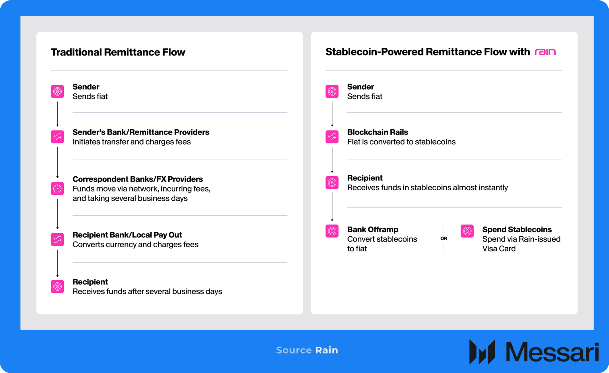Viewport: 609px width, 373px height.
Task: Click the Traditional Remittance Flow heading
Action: point(118,52)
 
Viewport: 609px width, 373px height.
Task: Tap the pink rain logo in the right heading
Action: point(545,52)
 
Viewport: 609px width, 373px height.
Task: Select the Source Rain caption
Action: point(307,350)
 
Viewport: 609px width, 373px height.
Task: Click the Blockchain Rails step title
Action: point(378,132)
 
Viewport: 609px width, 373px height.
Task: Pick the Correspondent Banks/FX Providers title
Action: point(138,179)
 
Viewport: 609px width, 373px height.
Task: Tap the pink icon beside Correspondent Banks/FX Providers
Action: point(57,188)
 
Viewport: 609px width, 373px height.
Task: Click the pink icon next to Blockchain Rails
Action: point(332,137)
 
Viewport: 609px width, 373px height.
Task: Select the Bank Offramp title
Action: point(373,229)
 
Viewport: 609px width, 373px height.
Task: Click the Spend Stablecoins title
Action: point(517,229)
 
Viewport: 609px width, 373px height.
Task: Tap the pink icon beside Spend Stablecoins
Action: point(467,231)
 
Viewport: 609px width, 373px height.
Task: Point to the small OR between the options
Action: point(444,239)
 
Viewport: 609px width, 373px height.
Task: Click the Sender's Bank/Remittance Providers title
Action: point(141,132)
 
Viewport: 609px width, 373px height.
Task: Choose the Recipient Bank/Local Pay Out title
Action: point(127,235)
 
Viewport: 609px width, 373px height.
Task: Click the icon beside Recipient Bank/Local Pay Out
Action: point(57,239)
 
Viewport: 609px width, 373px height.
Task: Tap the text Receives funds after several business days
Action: point(147,291)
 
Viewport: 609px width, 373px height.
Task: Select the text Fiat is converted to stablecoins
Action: point(401,142)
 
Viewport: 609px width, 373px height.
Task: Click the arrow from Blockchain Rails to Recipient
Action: point(332,160)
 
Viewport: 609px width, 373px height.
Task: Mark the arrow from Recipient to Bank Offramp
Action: point(332,207)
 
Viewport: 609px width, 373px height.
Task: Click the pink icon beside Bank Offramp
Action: point(332,231)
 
